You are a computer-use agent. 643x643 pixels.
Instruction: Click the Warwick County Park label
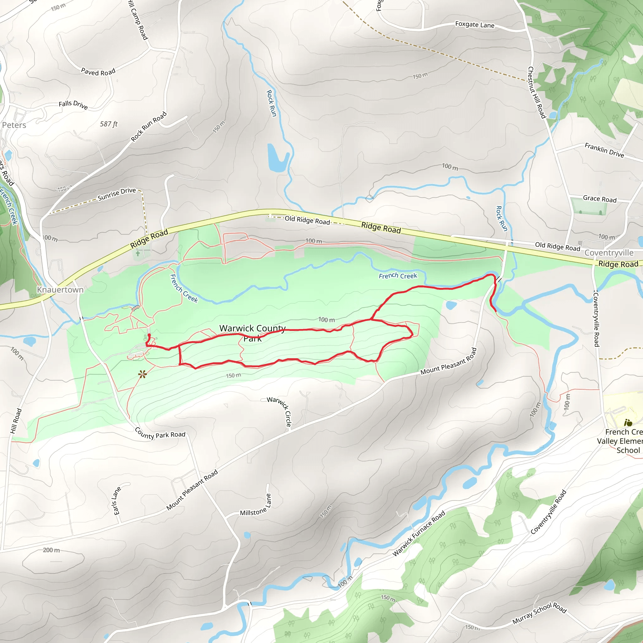click(x=253, y=333)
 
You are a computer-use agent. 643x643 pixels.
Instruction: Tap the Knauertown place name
click(x=60, y=289)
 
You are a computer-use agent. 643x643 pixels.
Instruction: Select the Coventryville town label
click(x=609, y=253)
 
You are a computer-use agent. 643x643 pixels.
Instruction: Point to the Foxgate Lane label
click(x=475, y=24)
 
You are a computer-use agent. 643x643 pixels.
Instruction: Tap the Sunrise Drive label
click(x=117, y=194)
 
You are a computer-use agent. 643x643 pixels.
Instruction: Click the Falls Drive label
click(x=73, y=105)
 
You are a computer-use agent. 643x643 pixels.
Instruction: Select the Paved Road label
click(x=98, y=72)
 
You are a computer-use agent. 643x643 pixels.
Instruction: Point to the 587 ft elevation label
click(x=109, y=124)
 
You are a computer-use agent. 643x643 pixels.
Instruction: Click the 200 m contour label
click(x=51, y=550)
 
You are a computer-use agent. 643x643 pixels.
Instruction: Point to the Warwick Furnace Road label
click(x=419, y=533)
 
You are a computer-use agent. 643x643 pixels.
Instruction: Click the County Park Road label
click(x=160, y=433)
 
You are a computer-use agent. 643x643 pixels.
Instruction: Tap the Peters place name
click(x=14, y=125)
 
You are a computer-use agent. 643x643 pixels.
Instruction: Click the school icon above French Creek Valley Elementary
click(x=628, y=423)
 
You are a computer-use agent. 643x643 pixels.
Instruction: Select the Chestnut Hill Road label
click(x=537, y=93)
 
